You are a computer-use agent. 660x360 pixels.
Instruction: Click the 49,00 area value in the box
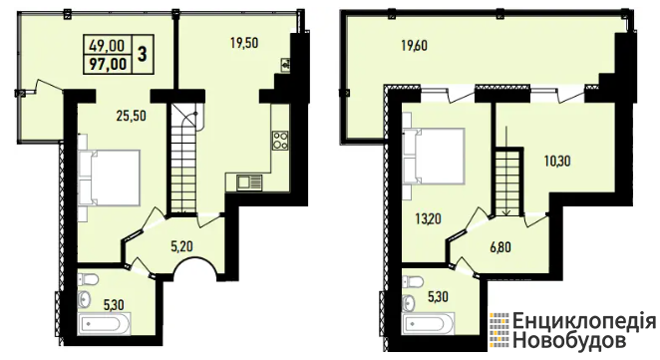point(107,45)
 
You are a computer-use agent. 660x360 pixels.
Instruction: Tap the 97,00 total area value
point(109,64)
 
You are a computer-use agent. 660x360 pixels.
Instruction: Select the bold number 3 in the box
point(143,54)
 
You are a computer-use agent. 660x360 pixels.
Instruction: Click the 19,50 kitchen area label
point(244,43)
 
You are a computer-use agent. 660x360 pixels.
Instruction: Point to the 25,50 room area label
point(132,116)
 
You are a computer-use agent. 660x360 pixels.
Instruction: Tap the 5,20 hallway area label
point(181,246)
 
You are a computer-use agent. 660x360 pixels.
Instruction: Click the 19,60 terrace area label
point(414,45)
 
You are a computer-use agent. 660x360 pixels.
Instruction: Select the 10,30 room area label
point(557,161)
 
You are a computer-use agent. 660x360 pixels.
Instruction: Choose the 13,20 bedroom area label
point(428,218)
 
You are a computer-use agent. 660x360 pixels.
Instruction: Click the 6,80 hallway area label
point(500,246)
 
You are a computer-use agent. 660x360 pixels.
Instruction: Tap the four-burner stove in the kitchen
point(280,141)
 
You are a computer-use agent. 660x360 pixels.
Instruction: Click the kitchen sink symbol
point(249,182)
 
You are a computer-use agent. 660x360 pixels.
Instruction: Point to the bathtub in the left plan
point(105,324)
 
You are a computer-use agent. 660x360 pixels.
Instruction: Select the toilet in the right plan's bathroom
point(413,281)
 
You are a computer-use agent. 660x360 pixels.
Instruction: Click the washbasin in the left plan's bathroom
point(84,299)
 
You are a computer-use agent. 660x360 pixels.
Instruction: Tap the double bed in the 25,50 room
point(110,179)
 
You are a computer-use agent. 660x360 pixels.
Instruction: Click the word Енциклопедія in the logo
point(584,322)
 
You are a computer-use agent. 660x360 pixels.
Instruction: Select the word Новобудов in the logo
point(568,340)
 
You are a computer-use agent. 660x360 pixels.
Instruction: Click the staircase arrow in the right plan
point(506,170)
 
